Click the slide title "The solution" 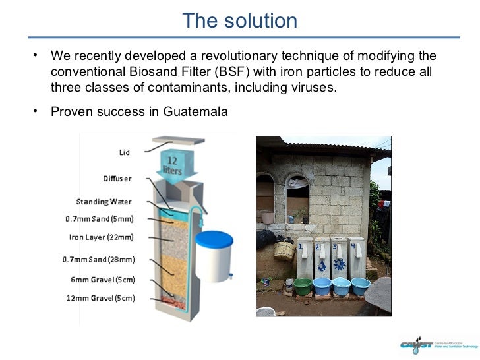[239, 21]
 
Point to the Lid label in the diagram [124, 153]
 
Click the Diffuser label [117, 179]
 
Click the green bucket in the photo [303, 285]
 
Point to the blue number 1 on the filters [301, 246]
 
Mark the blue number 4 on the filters [353, 246]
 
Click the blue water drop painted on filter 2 [321, 267]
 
